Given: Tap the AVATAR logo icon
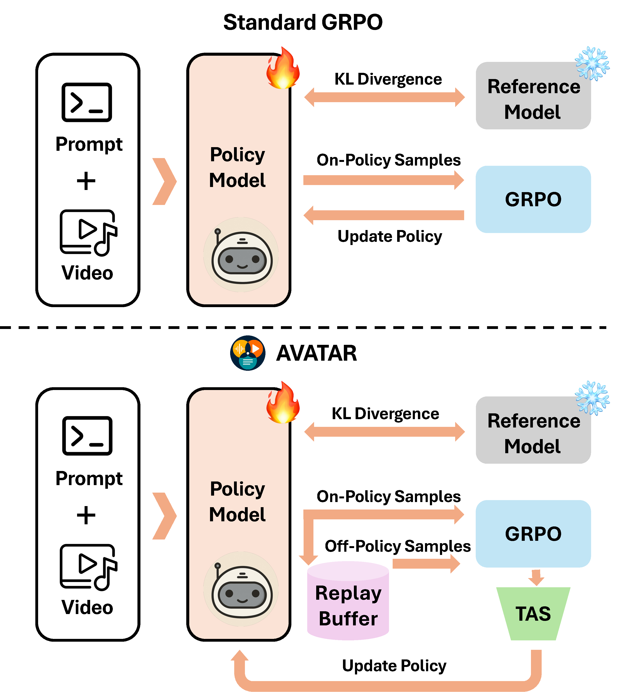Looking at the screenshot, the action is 248,353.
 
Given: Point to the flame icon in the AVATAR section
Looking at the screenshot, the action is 283,402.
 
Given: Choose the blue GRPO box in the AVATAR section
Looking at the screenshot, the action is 533,534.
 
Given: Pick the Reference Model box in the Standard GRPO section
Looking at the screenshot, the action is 533,96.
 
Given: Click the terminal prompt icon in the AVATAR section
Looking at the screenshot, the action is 87,436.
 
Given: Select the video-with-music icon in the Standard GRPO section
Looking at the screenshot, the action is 88,233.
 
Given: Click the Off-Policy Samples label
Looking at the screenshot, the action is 398,546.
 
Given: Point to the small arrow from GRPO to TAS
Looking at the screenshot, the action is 536,577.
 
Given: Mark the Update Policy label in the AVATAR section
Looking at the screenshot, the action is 394,666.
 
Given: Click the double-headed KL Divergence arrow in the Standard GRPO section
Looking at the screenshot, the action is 385,97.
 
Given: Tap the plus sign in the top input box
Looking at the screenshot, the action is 86,181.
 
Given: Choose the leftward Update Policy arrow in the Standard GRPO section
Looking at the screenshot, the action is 384,215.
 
